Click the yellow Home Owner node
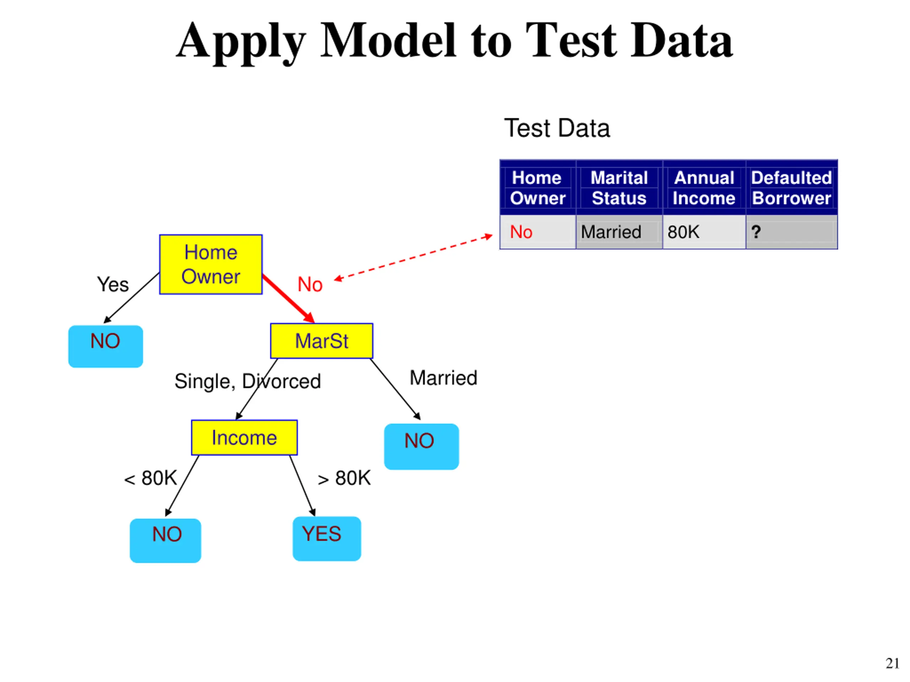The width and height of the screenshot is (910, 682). pyautogui.click(x=211, y=264)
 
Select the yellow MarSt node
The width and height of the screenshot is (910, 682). pyautogui.click(x=321, y=341)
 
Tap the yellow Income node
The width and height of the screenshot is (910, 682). pyautogui.click(x=244, y=437)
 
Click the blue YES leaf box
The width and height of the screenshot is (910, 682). pyautogui.click(x=327, y=538)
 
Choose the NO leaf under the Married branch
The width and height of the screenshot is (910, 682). pyautogui.click(x=421, y=446)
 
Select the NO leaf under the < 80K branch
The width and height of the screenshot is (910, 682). pyautogui.click(x=165, y=541)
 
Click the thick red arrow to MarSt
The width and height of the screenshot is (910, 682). pyautogui.click(x=288, y=299)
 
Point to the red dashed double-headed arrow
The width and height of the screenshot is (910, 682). pyautogui.click(x=413, y=258)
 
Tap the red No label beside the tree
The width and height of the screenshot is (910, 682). pyautogui.click(x=310, y=285)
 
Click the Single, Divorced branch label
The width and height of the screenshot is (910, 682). pyautogui.click(x=248, y=381)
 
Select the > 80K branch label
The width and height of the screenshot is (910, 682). pyautogui.click(x=344, y=478)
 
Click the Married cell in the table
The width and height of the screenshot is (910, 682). pyautogui.click(x=619, y=232)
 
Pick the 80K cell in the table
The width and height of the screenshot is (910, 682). pyautogui.click(x=704, y=232)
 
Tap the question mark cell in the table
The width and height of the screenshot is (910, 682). pyautogui.click(x=792, y=232)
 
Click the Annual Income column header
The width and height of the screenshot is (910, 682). pyautogui.click(x=704, y=188)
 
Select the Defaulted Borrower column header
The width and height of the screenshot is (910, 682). pyautogui.click(x=792, y=188)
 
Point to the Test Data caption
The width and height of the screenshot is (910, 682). pyautogui.click(x=557, y=128)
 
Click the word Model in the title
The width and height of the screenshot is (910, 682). pyautogui.click(x=388, y=40)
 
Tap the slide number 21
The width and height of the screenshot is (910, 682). pyautogui.click(x=892, y=664)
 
